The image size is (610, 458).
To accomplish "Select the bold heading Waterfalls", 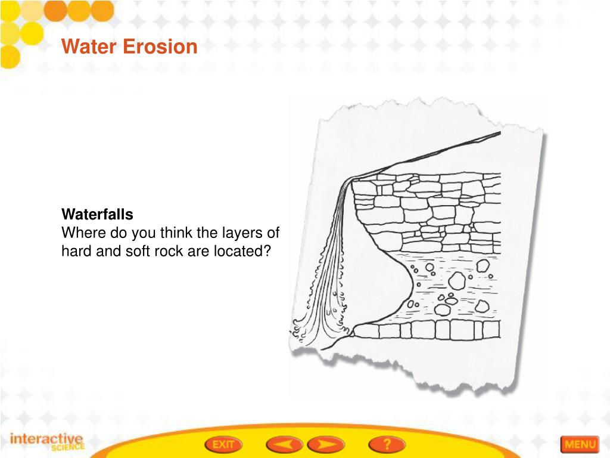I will (x=98, y=214).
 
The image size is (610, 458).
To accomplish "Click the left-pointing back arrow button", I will (x=284, y=444).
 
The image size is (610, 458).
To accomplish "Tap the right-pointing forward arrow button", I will (x=325, y=444).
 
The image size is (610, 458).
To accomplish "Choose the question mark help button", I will (x=387, y=444).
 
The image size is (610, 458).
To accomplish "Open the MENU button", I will (x=579, y=444).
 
